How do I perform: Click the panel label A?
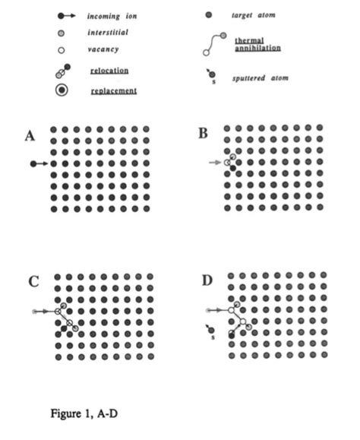point(30,136)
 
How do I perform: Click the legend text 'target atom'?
point(254,15)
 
